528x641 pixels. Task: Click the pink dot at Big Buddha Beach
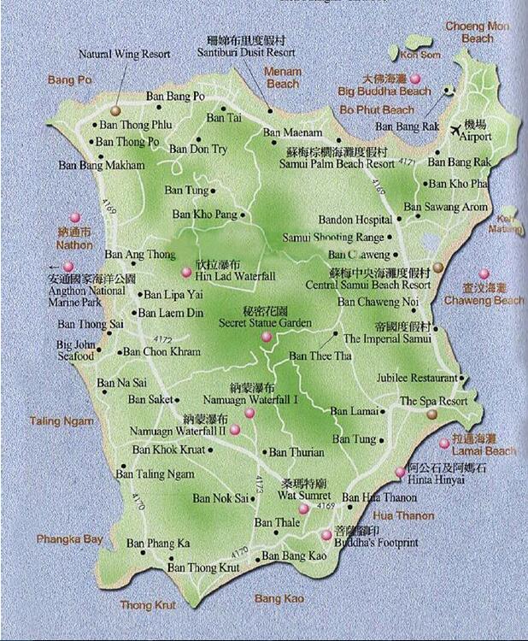point(438,79)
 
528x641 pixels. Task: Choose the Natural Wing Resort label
point(124,54)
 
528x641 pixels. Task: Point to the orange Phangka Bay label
point(69,539)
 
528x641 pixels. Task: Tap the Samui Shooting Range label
point(333,238)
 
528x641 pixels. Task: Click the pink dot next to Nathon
point(75,218)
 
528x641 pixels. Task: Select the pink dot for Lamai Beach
point(444,443)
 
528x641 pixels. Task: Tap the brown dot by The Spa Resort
point(431,415)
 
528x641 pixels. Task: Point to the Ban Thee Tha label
point(320,356)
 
